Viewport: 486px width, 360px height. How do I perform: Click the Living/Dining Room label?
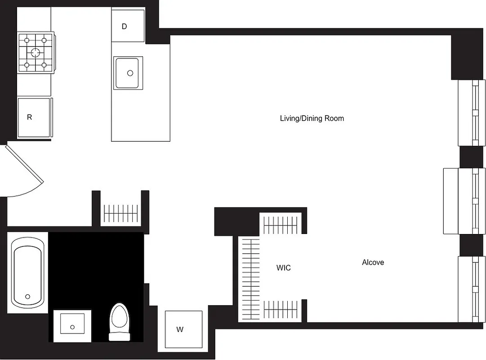[312, 118]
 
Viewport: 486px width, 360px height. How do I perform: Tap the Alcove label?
[373, 262]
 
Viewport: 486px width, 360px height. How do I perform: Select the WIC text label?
[283, 268]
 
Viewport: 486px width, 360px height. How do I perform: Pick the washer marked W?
[183, 329]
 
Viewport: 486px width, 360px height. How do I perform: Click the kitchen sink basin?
[128, 72]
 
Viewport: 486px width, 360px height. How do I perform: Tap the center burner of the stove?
[36, 52]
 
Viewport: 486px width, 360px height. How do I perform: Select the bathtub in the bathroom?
[27, 272]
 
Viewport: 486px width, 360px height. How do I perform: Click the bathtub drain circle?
[28, 297]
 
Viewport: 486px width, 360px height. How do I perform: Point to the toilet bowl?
[120, 318]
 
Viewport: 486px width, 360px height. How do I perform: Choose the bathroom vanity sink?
[72, 325]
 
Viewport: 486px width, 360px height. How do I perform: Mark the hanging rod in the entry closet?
[121, 213]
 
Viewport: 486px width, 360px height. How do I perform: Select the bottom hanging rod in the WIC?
[281, 309]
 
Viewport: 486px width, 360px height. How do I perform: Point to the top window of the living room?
[472, 112]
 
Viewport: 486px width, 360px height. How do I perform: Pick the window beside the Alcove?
[472, 289]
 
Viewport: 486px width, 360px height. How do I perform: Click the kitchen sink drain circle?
[130, 73]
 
